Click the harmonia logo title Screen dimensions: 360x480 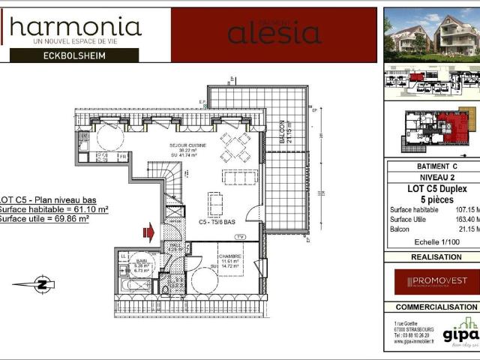[x=75, y=27]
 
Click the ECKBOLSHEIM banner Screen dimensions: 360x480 [x=74, y=55]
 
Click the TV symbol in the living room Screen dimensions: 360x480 [x=239, y=236]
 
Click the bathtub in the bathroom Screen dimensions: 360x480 [x=138, y=286]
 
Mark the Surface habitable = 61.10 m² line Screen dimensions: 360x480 [x=54, y=211]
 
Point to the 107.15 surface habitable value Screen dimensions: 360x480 [x=465, y=209]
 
